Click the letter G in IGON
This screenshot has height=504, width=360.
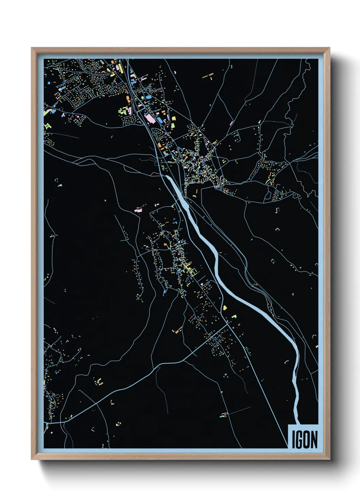point(298,440)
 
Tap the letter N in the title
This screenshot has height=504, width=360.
point(314,440)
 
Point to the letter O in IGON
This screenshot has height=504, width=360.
point(306,440)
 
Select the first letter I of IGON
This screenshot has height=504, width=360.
point(293,440)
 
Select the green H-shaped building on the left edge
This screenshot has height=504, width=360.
point(47,126)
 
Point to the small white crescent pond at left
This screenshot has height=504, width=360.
point(60,186)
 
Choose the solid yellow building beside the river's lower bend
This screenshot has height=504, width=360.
point(225,308)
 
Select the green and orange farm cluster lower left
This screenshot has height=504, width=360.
point(99,381)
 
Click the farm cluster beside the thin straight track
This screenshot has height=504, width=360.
point(224,415)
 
